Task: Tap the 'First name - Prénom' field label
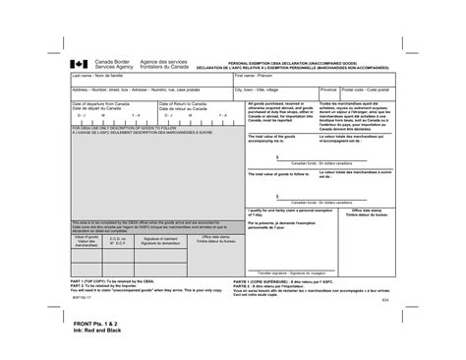(x=254, y=75)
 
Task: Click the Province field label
(x=328, y=88)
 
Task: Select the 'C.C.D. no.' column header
(x=117, y=239)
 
